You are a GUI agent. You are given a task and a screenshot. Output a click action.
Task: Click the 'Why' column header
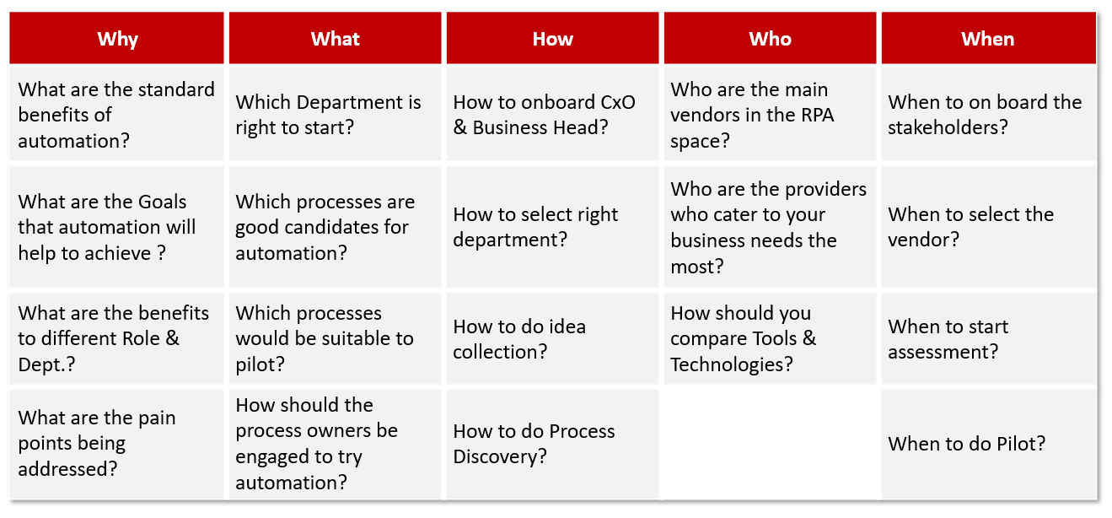[116, 38]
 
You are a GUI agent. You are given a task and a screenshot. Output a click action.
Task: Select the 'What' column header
[335, 38]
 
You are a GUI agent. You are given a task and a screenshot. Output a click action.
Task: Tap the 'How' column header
[552, 38]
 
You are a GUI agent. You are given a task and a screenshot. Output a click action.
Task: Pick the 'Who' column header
[770, 38]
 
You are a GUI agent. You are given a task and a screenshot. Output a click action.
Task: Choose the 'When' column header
[988, 38]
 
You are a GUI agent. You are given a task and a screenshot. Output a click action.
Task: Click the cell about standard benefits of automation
[116, 114]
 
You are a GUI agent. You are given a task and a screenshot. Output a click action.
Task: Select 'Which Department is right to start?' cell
[335, 114]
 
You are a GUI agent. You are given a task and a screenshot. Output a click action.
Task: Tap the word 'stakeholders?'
[948, 128]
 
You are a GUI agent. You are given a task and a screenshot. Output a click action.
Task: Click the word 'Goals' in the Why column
[162, 202]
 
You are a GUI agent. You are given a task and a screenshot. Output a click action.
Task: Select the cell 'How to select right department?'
[552, 226]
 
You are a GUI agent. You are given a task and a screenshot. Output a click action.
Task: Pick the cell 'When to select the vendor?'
[988, 226]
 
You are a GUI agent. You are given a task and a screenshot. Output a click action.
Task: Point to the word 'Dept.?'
[46, 365]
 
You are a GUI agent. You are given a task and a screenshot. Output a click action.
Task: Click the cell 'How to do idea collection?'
[552, 338]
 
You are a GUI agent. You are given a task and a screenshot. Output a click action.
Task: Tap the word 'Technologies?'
[732, 365]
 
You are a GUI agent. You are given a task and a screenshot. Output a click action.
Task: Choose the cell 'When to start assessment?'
[988, 338]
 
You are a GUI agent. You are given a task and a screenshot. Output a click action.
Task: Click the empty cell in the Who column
[770, 444]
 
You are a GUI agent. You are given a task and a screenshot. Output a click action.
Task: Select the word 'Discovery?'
[500, 457]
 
